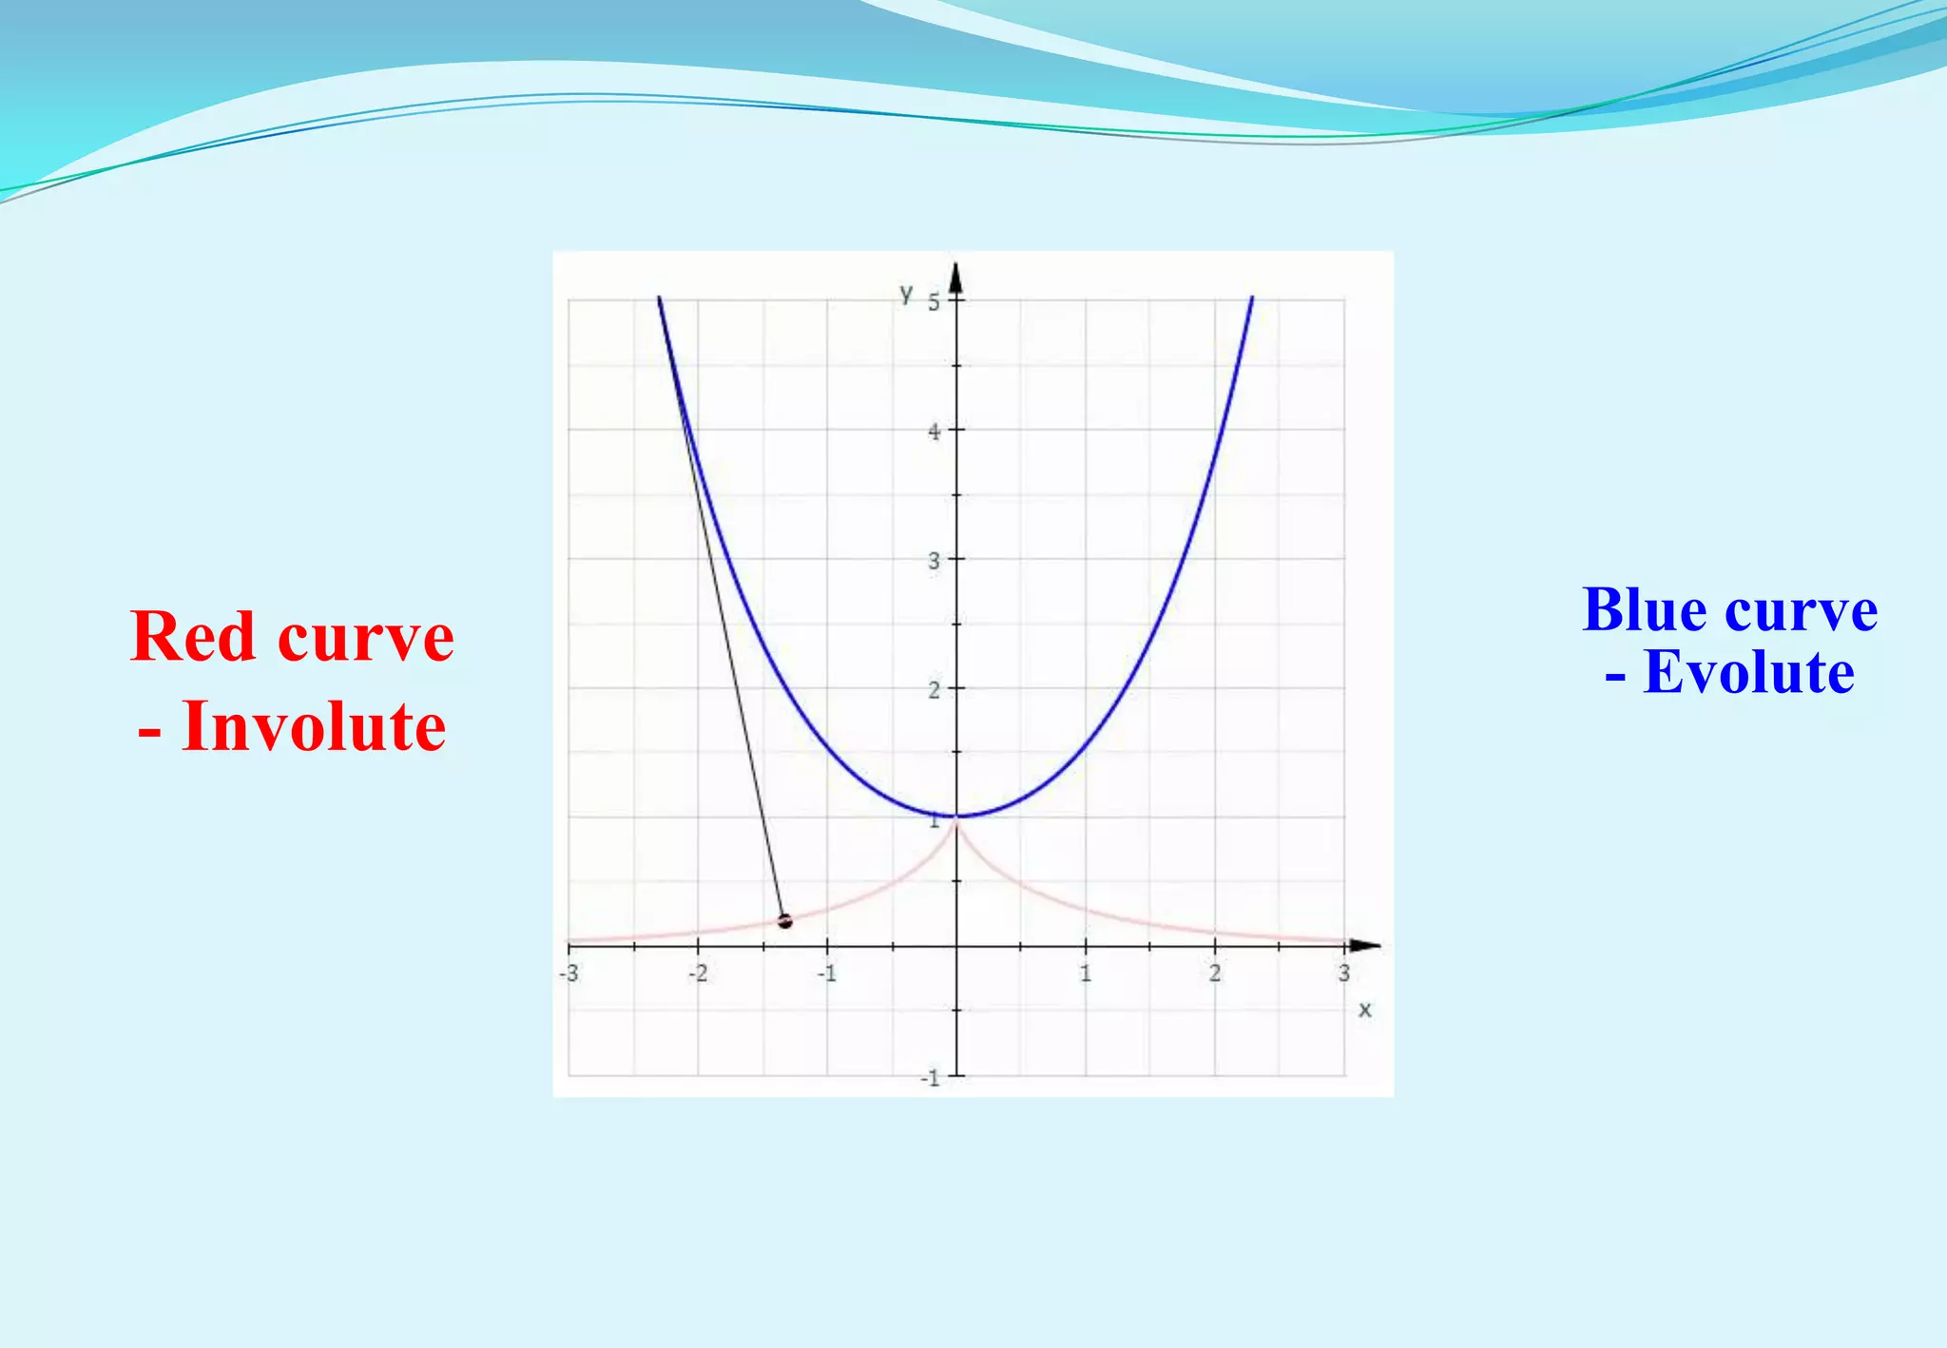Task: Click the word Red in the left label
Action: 195,636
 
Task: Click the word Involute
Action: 314,726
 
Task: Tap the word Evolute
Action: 1748,673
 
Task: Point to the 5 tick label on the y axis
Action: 934,302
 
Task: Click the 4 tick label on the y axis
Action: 934,432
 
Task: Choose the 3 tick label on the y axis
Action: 934,561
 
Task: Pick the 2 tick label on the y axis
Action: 934,690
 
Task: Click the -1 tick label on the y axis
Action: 930,1078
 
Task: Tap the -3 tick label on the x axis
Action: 569,973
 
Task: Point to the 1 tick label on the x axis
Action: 1085,973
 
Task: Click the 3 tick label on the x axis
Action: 1343,973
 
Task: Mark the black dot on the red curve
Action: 784,920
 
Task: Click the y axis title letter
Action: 906,294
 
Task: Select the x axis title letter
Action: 1365,1010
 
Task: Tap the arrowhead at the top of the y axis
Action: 956,276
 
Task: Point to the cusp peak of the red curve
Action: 956,821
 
